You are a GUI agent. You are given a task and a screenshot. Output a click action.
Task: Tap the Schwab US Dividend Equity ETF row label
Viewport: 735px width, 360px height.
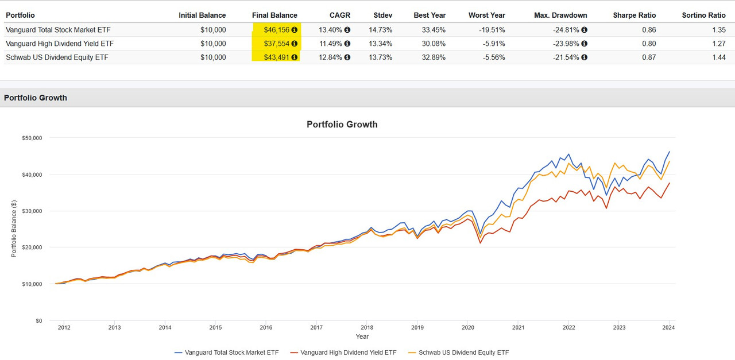[57, 57]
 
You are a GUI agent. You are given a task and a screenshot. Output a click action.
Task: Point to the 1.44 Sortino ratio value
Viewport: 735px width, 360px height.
[718, 57]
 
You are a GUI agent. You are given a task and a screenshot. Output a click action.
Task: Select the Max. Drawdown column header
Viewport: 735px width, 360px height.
[560, 15]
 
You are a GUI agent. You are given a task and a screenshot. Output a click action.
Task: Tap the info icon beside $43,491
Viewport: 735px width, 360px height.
[294, 57]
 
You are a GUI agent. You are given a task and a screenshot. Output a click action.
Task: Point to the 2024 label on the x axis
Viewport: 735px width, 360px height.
[668, 328]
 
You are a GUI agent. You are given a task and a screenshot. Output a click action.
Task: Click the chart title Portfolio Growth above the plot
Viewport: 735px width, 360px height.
[342, 124]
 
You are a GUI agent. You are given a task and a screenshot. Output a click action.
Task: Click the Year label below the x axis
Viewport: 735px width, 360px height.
[362, 336]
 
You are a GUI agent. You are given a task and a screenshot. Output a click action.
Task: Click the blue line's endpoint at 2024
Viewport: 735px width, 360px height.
[669, 152]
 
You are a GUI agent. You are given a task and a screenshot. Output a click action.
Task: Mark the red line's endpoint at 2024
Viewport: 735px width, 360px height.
[669, 183]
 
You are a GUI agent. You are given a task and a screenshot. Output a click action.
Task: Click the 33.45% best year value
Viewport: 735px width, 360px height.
[430, 29]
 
